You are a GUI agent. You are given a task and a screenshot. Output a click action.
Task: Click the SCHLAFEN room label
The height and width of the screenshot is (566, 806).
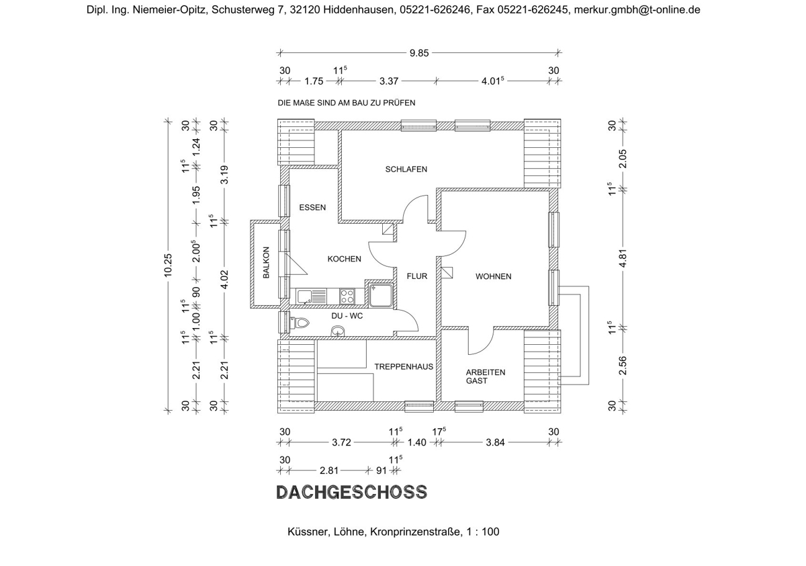(406, 169)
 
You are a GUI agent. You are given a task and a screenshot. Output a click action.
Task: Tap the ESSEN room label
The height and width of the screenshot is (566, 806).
(312, 208)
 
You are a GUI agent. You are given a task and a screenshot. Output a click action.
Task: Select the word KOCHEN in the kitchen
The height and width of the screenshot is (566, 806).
(344, 259)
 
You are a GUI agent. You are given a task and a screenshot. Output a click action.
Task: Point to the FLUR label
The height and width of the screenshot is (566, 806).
(416, 276)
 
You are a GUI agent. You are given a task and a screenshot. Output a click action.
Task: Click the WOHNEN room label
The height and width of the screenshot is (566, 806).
(493, 276)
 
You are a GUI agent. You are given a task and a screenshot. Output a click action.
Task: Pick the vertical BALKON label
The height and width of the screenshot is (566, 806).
(266, 263)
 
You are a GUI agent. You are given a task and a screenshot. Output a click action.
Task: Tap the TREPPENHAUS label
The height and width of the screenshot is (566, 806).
(404, 367)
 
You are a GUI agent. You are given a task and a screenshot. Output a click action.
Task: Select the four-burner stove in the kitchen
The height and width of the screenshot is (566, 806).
(347, 294)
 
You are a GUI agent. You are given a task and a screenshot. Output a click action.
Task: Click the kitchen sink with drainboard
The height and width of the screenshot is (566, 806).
(312, 295)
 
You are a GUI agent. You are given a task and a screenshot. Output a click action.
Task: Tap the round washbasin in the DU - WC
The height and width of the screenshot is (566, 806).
(337, 329)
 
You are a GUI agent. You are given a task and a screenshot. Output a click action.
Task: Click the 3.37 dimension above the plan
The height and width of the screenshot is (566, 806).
(389, 81)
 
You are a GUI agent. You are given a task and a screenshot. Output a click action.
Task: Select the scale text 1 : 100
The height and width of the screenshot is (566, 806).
(483, 532)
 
